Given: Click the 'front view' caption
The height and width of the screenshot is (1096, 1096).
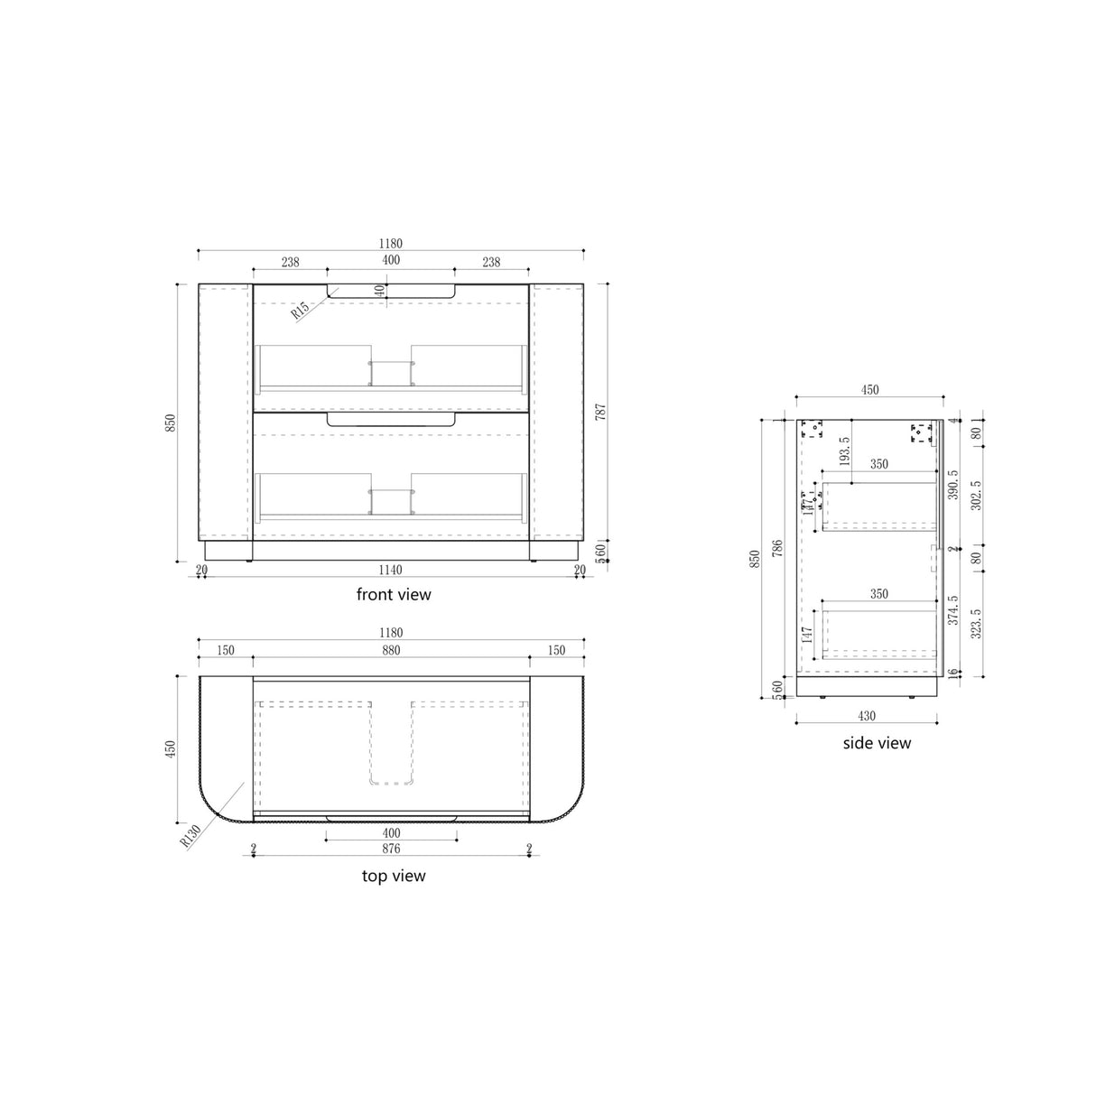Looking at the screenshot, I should [x=393, y=594].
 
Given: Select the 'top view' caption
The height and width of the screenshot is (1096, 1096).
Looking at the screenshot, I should [x=393, y=876].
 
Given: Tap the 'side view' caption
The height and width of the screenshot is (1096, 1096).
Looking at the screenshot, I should [x=876, y=743].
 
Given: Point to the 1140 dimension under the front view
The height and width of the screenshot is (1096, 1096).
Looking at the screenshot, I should [x=390, y=570].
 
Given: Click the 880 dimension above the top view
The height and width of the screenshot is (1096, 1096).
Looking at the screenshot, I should [x=390, y=650].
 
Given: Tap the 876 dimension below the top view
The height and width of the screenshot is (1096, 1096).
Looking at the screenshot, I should [x=390, y=849].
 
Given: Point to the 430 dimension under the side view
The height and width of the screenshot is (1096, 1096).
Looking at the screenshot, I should [x=866, y=716].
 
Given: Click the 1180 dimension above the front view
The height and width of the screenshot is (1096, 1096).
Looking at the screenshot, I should [x=390, y=244].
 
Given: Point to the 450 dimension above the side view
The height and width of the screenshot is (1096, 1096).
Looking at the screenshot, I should [x=868, y=390].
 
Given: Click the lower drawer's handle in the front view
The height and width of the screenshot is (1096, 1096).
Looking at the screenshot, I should [x=390, y=421].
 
